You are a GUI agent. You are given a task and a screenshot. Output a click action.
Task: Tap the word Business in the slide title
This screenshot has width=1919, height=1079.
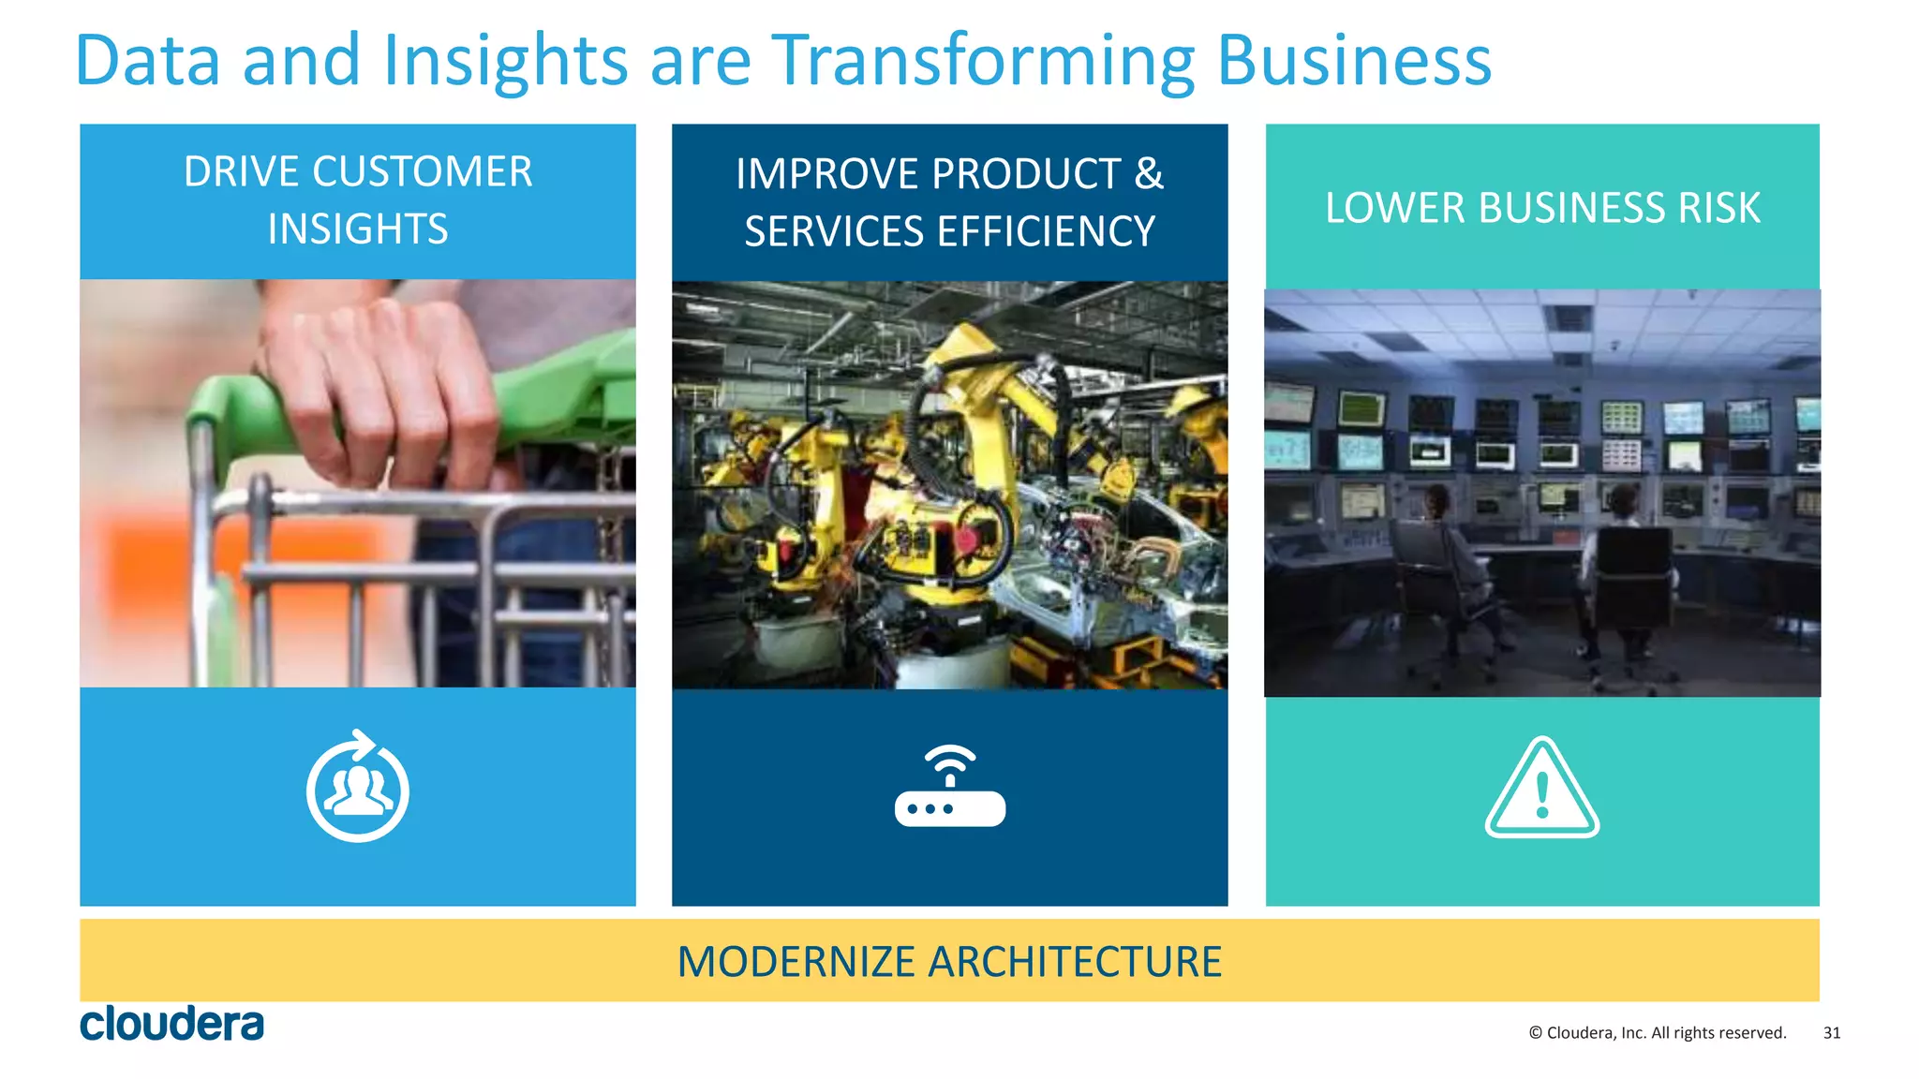coord(1353,61)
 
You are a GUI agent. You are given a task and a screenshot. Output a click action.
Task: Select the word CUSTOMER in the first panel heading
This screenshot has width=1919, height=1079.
coord(422,172)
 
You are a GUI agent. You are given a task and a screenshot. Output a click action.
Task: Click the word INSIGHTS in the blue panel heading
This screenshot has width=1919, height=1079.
coord(358,229)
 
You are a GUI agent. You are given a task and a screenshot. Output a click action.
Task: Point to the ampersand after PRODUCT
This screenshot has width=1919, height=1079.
coord(1148,174)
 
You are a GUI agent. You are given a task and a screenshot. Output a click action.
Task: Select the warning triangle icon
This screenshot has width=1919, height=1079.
coord(1541,789)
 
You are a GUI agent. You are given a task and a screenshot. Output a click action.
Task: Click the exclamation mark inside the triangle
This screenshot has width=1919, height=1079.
coord(1542,795)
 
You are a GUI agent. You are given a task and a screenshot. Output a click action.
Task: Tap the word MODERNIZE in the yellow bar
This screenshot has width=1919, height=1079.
coord(796,962)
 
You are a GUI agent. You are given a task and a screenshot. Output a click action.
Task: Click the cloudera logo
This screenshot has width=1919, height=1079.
coord(171,1024)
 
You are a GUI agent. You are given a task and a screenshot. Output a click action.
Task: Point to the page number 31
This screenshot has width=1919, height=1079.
coord(1831,1033)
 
